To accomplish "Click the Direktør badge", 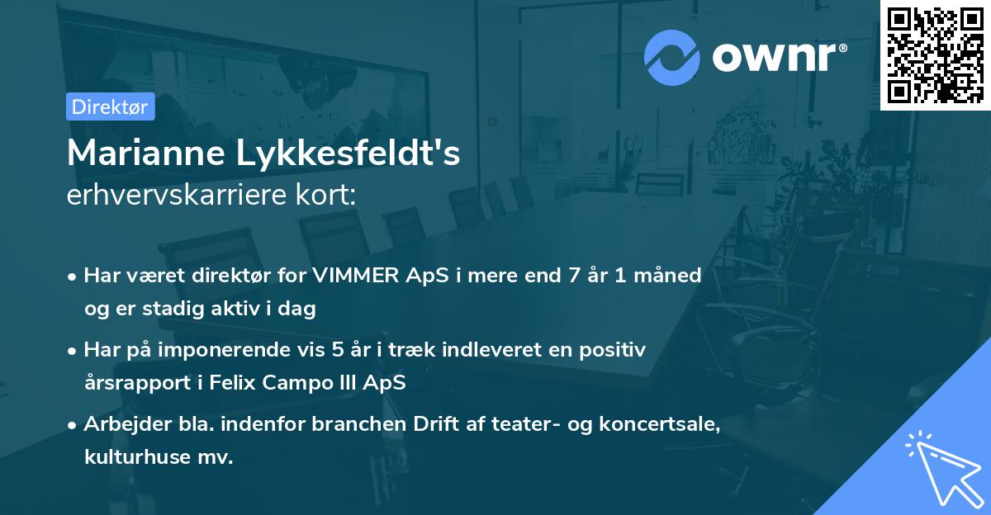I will (x=110, y=106).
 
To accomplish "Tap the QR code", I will (x=935, y=54).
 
